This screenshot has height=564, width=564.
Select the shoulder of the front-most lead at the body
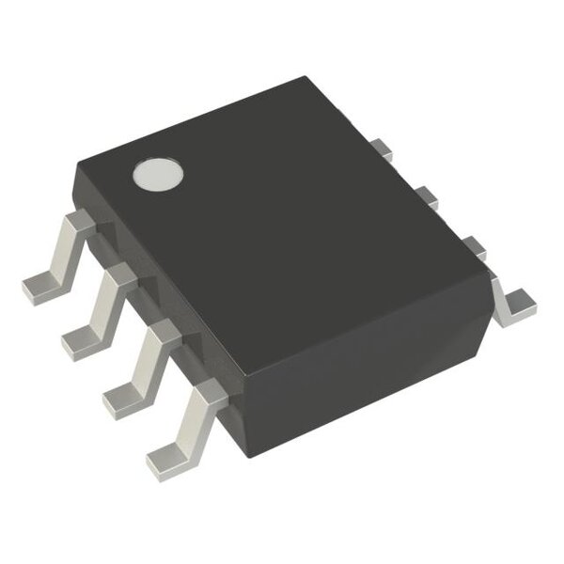pos(206,392)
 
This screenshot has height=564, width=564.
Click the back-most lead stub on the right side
pos(381,149)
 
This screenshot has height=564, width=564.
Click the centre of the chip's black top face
pos(282,216)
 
